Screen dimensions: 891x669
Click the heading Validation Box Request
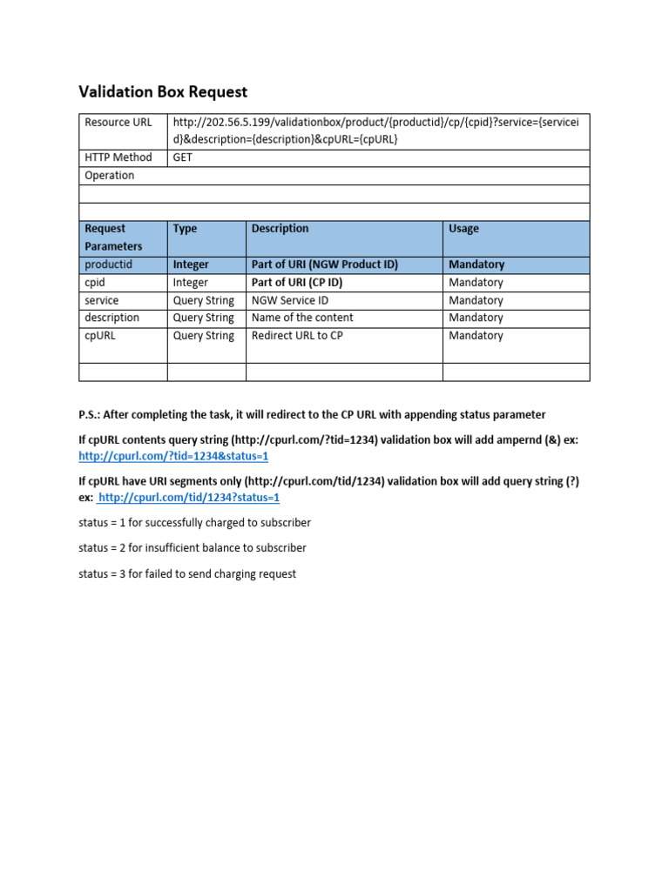coord(163,91)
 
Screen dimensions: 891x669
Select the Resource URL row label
coord(118,122)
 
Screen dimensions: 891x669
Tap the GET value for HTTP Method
coord(183,157)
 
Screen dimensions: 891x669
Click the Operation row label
coord(110,175)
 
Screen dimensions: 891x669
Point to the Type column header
coord(186,229)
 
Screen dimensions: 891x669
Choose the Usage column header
coord(463,229)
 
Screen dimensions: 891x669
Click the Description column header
coord(280,229)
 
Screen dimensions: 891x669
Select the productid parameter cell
coord(109,265)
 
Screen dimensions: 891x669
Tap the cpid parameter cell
coord(95,282)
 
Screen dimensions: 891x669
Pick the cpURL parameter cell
coord(99,335)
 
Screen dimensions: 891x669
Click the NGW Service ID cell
coord(290,300)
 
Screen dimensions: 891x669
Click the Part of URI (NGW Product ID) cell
coord(324,265)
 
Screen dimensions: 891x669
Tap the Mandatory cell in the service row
coord(476,300)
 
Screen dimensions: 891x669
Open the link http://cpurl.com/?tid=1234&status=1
coord(173,456)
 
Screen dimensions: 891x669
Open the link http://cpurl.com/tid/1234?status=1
coord(189,498)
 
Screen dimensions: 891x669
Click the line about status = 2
coord(192,548)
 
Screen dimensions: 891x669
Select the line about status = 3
coord(187,573)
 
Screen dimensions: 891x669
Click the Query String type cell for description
coord(204,318)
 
